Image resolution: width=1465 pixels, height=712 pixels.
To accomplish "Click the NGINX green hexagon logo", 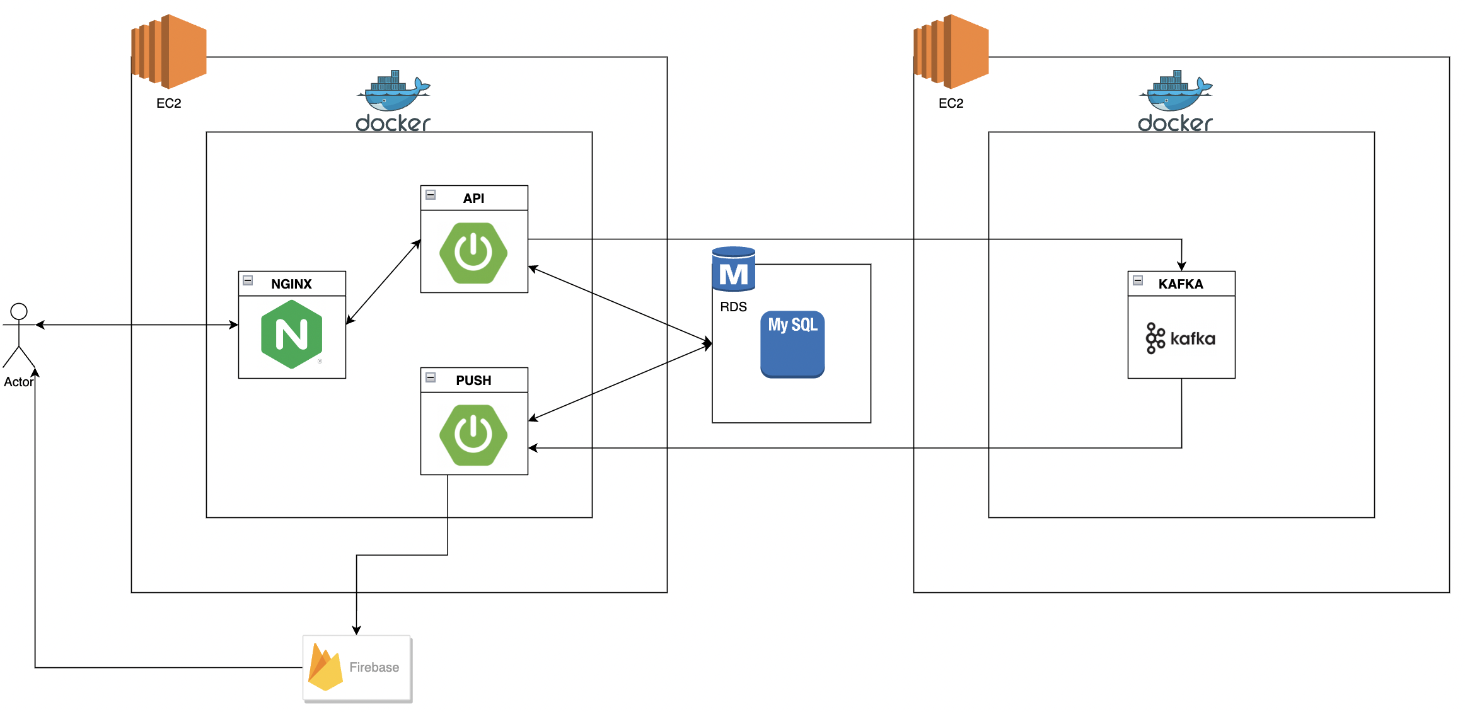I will pyautogui.click(x=291, y=334).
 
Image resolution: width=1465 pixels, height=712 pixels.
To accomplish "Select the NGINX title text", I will pyautogui.click(x=291, y=284).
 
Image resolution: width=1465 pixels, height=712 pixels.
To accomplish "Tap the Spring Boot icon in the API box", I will pyautogui.click(x=473, y=253).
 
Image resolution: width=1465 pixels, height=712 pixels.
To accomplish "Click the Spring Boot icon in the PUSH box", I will pyautogui.click(x=473, y=435).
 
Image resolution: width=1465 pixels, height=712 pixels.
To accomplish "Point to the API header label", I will pyautogui.click(x=473, y=198).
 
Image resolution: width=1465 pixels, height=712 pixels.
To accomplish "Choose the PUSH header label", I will pyautogui.click(x=473, y=380).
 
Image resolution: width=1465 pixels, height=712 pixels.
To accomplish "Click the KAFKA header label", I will pyautogui.click(x=1180, y=284).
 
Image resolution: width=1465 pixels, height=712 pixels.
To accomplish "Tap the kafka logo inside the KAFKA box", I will pyautogui.click(x=1180, y=338).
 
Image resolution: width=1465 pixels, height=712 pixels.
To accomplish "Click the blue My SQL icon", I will pyautogui.click(x=792, y=344).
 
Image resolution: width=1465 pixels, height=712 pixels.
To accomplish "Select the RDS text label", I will pyautogui.click(x=733, y=307).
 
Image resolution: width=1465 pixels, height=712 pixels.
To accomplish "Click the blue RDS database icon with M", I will pyautogui.click(x=733, y=269).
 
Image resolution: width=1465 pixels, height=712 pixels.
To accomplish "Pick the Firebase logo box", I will pyautogui.click(x=357, y=667).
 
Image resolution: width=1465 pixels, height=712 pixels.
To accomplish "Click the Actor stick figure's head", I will pyautogui.click(x=19, y=311).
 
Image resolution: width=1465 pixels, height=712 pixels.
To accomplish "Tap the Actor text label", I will pyautogui.click(x=18, y=382).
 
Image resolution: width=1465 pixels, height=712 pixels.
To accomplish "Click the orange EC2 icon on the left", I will pyautogui.click(x=169, y=52).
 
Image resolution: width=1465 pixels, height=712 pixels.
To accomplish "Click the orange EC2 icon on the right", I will pyautogui.click(x=951, y=52).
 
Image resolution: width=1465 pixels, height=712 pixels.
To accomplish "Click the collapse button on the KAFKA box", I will pyautogui.click(x=1138, y=280).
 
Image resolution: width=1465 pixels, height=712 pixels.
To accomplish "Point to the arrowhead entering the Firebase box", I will pyautogui.click(x=356, y=631).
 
